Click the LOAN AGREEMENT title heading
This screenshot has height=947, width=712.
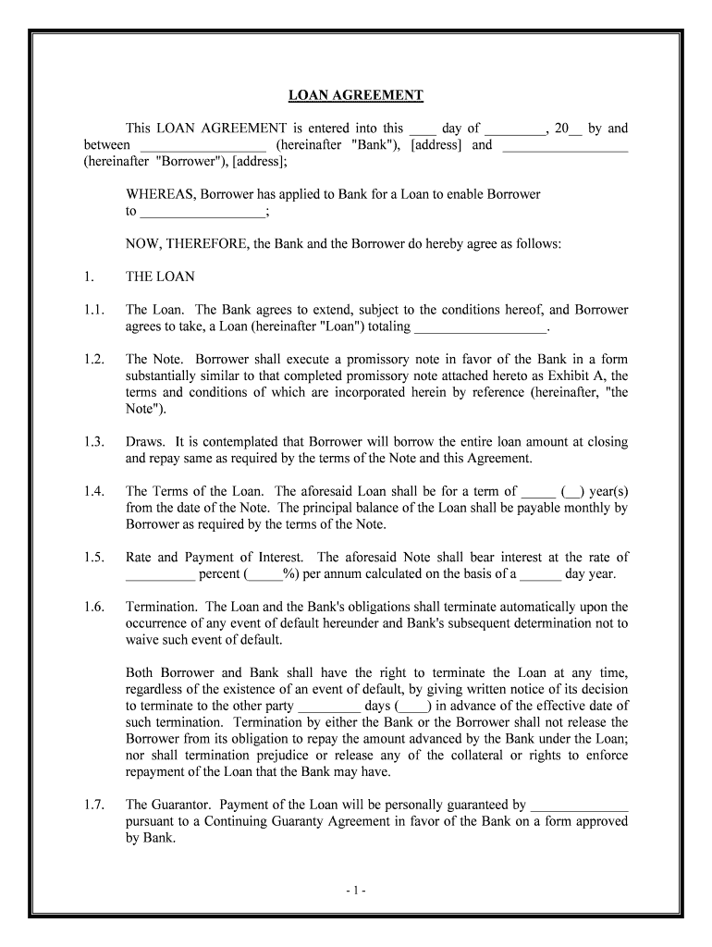click(356, 95)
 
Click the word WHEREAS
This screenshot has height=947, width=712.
click(161, 194)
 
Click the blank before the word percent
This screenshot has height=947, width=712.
click(160, 574)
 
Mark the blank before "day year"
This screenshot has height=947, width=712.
click(541, 574)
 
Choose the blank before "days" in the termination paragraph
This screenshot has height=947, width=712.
click(329, 707)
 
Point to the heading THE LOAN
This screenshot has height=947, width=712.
click(160, 277)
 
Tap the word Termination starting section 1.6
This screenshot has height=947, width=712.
click(161, 608)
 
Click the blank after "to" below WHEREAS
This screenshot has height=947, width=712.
click(202, 212)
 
